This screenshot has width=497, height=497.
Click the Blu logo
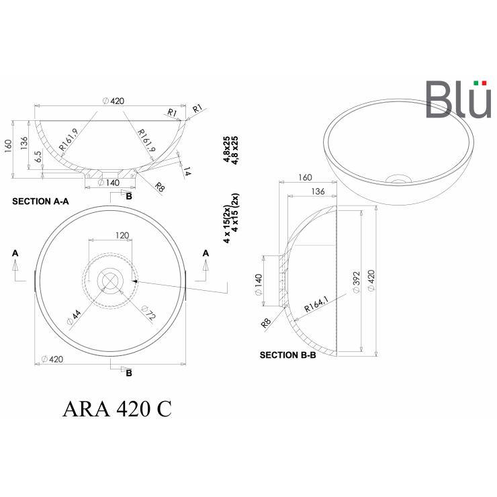(x=458, y=99)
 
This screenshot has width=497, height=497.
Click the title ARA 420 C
(x=117, y=408)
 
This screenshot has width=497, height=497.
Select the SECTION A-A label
(x=40, y=201)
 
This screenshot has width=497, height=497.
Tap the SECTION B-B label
(x=288, y=355)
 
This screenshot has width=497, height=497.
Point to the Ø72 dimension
(x=148, y=312)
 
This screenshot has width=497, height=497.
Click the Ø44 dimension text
(x=74, y=317)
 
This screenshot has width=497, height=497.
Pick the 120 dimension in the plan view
(x=122, y=235)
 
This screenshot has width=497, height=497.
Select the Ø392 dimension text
(x=356, y=282)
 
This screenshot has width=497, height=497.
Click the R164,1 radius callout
(x=316, y=304)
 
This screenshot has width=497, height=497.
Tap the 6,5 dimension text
(x=38, y=156)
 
